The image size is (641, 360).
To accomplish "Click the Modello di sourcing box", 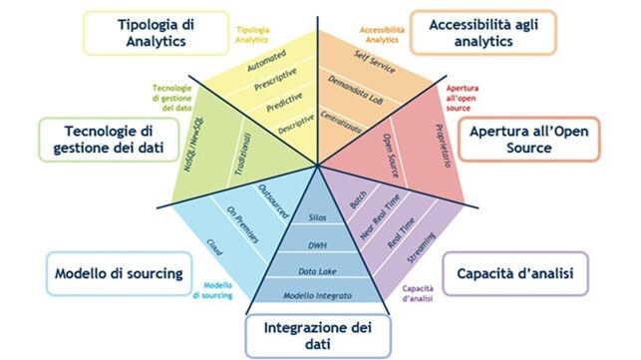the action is tap(117, 272).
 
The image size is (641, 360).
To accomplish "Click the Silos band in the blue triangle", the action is tap(318, 216).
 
